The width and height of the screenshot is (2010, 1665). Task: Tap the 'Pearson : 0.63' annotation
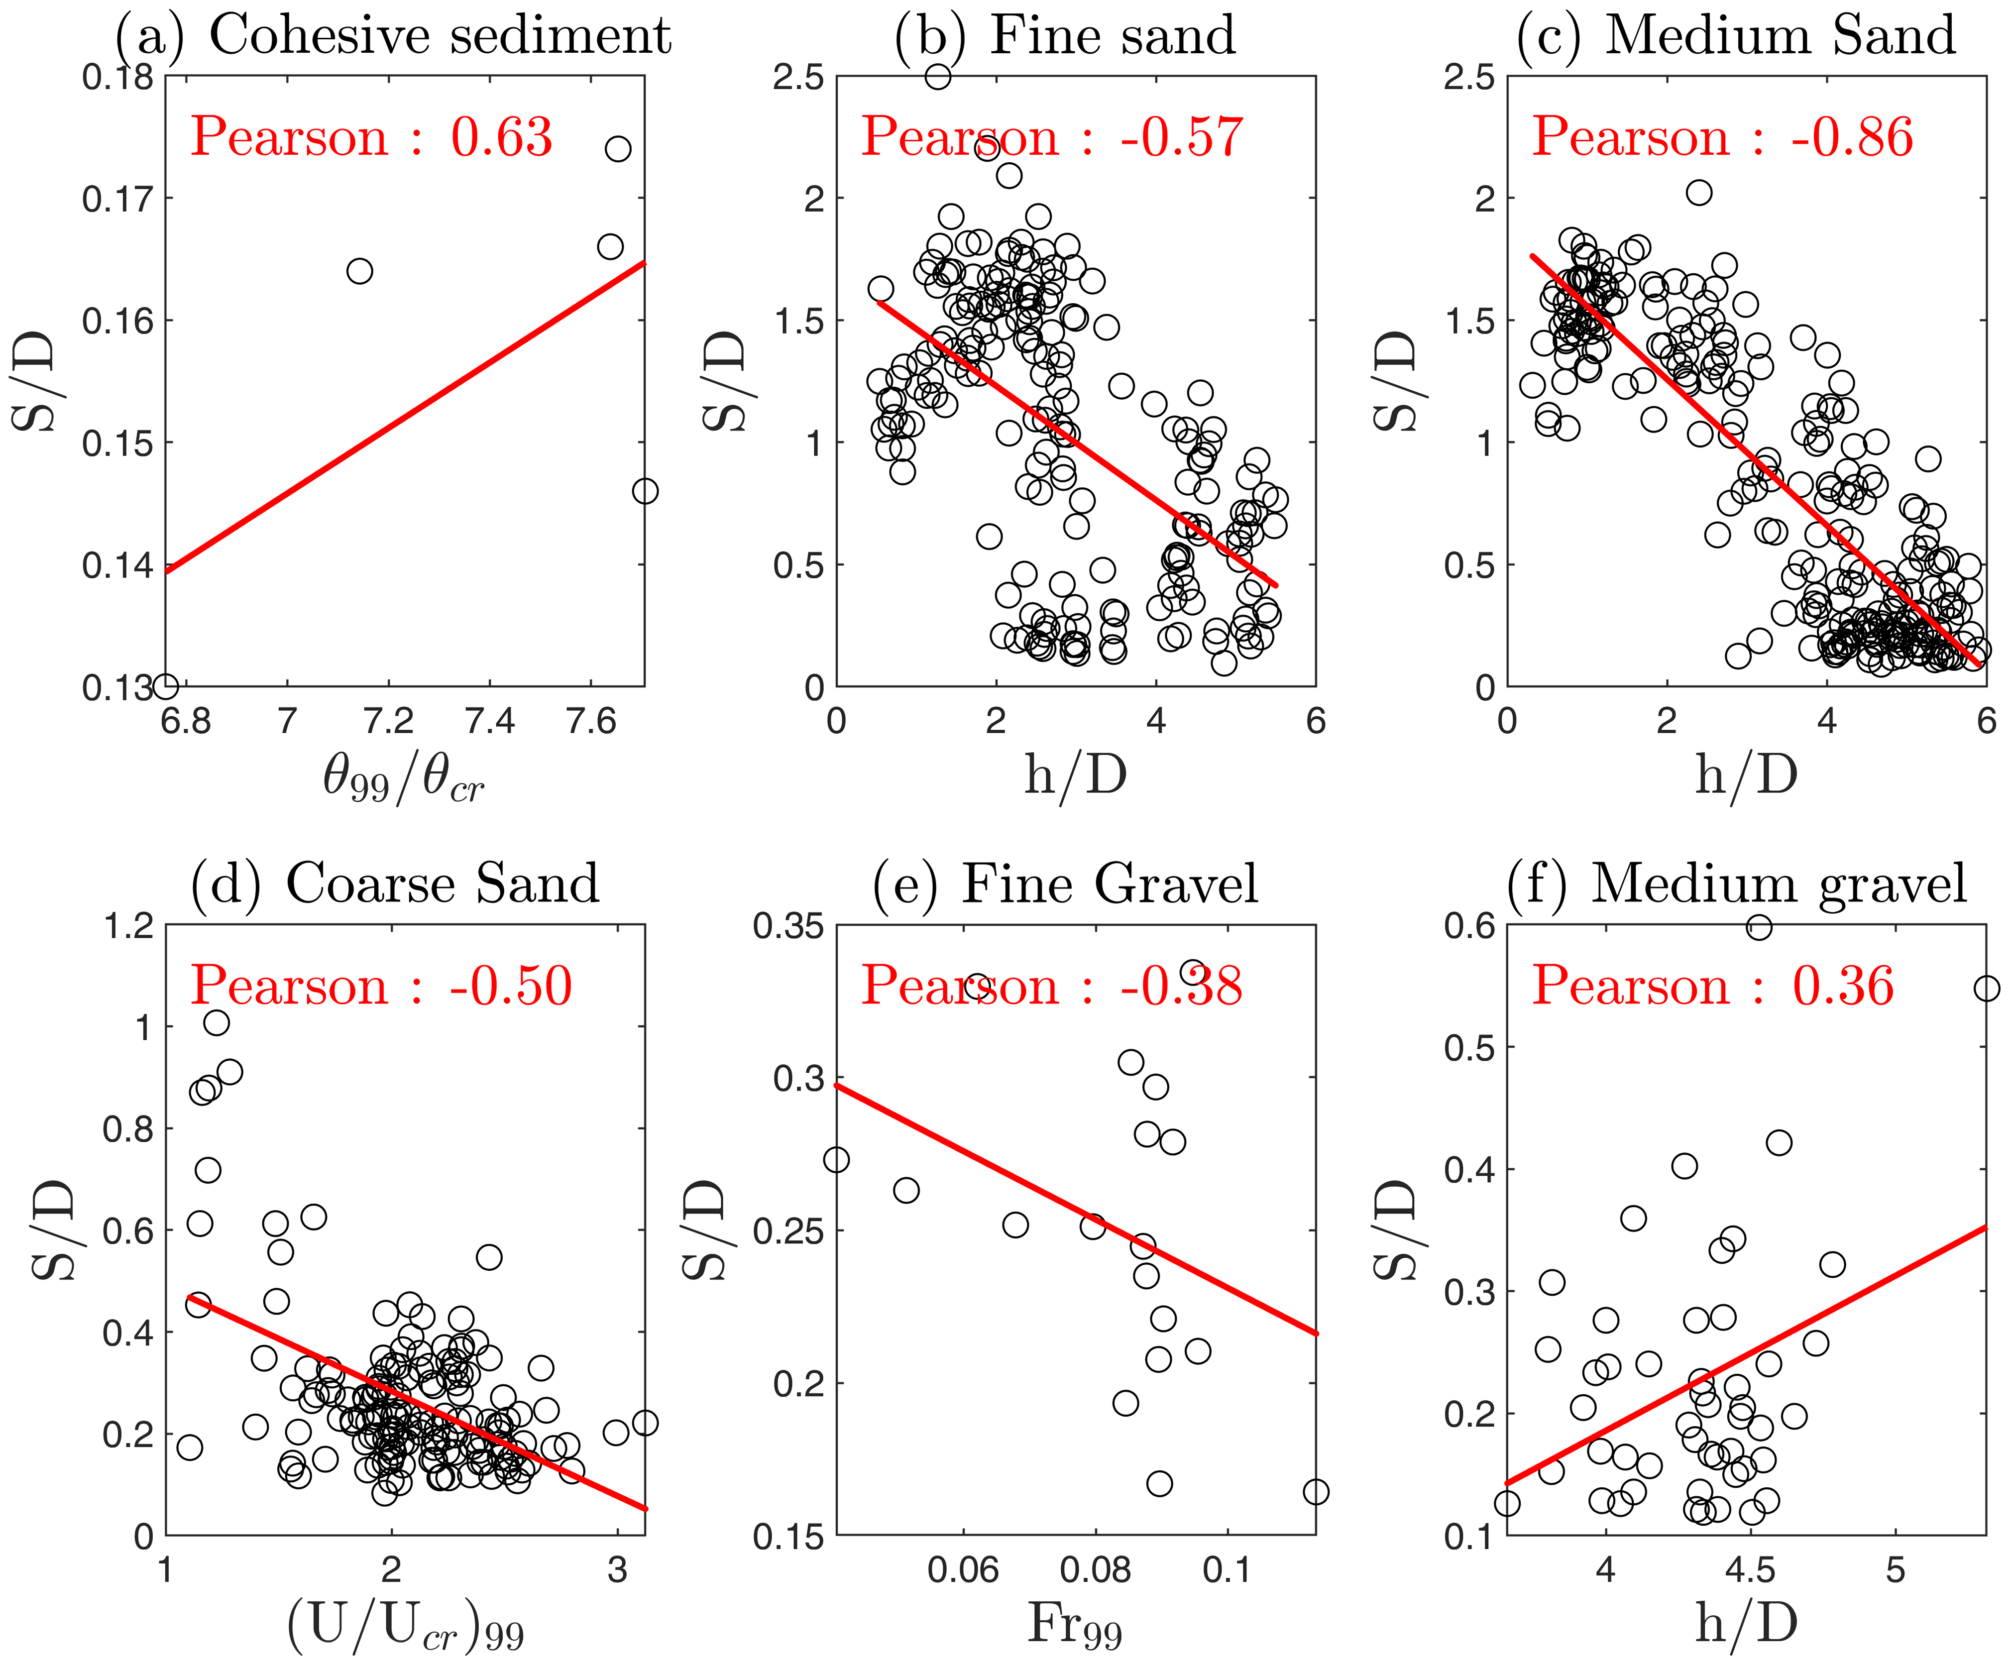point(371,137)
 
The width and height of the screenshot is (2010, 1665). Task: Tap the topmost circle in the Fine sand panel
point(938,77)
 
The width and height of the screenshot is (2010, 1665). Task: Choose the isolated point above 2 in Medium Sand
point(1699,192)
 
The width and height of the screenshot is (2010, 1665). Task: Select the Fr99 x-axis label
point(1074,1623)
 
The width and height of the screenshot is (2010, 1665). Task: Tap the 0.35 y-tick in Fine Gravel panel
point(788,925)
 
